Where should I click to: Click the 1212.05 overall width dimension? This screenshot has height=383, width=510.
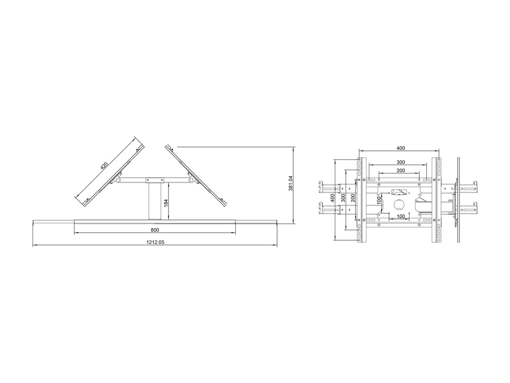155,242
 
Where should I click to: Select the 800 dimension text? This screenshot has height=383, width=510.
155,230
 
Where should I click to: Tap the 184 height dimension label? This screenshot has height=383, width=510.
166,203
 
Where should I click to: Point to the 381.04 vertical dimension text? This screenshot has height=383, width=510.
291,183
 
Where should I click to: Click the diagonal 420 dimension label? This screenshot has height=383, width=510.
104,166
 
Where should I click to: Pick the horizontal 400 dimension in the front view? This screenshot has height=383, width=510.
401,148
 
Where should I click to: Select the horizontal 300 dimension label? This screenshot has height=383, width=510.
401,162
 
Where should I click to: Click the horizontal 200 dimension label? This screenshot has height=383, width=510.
401,170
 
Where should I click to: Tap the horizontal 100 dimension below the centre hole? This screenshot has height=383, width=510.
401,216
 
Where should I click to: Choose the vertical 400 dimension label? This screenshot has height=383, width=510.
332,198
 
